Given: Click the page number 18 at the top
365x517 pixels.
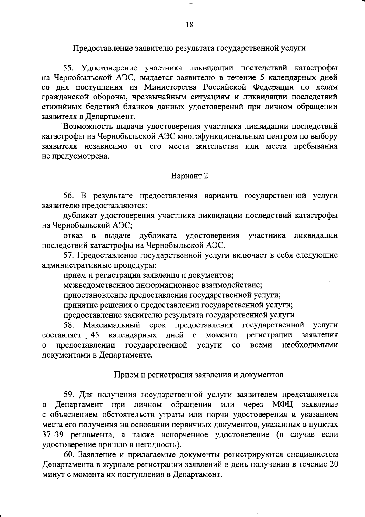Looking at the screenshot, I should [189, 25].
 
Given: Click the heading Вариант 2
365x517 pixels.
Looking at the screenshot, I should [189, 176].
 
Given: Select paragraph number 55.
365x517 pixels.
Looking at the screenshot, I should [69, 67].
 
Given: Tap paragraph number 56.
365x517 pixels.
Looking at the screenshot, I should [69, 196].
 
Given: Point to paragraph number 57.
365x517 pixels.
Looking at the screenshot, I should [69, 255].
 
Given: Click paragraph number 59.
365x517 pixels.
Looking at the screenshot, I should [69, 395].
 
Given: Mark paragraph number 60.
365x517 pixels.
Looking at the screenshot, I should [69, 454].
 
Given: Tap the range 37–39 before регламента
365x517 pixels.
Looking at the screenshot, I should [52, 435].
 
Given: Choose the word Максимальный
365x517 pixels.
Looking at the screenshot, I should [112, 325].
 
